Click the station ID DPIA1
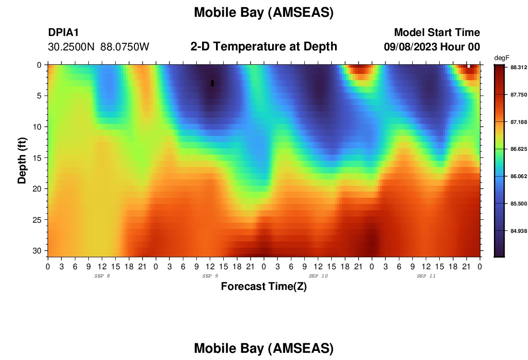pos(63,32)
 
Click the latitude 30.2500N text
pos(72,47)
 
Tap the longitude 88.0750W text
pos(125,47)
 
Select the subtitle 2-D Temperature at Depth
pos(264,47)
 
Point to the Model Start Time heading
pos(437,32)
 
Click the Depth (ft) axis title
pos(22,160)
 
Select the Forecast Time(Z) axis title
pos(264,286)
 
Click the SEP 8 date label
pos(102,276)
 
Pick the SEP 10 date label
pos(318,276)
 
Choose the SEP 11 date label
pos(426,276)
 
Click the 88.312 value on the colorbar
pos(518,67)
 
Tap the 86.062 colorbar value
pos(518,176)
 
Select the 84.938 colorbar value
pos(518,231)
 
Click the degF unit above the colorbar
pos(502,58)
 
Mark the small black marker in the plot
pos(213,83)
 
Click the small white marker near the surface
pos(468,66)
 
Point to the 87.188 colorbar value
pos(518,122)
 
